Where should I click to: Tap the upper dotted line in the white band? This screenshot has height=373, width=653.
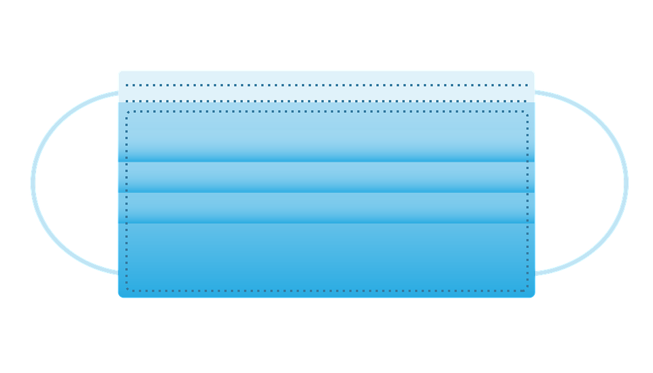click(x=326, y=86)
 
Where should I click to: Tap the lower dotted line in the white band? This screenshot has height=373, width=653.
click(x=326, y=101)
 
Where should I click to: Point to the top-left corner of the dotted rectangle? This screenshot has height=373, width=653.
click(x=127, y=111)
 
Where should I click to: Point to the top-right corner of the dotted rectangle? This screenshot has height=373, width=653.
click(x=527, y=111)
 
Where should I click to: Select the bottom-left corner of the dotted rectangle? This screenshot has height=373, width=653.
click(x=127, y=291)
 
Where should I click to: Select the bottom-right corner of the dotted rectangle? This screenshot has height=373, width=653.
click(x=527, y=291)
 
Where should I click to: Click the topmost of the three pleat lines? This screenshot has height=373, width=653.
click(x=326, y=161)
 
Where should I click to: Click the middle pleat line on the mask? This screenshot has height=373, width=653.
click(x=326, y=192)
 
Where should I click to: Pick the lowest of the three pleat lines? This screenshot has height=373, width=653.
click(x=326, y=222)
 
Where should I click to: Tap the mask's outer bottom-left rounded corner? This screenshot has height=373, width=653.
click(x=120, y=296)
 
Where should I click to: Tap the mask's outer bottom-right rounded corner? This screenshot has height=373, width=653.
click(x=533, y=296)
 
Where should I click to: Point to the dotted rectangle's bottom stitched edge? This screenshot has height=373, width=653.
click(x=326, y=291)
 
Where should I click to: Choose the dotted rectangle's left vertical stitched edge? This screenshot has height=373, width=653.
click(x=127, y=204)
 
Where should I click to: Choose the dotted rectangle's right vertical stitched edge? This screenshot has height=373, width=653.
click(x=527, y=204)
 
